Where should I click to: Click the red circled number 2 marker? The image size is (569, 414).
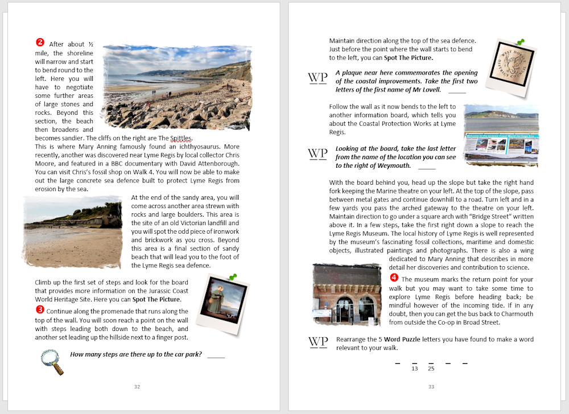click(40, 43)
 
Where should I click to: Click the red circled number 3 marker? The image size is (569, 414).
click(40, 309)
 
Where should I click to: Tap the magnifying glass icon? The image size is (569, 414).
click(52, 362)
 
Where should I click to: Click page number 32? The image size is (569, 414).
click(137, 387)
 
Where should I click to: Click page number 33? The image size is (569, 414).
click(431, 387)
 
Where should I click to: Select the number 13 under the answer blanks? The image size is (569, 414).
click(414, 369)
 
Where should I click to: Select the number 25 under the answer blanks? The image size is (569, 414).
click(431, 369)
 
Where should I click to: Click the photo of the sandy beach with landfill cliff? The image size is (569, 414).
click(72, 232)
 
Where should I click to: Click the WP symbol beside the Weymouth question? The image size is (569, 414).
click(318, 154)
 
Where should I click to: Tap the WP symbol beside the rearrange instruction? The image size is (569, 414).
click(318, 342)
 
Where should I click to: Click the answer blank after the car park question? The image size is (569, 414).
click(216, 356)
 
